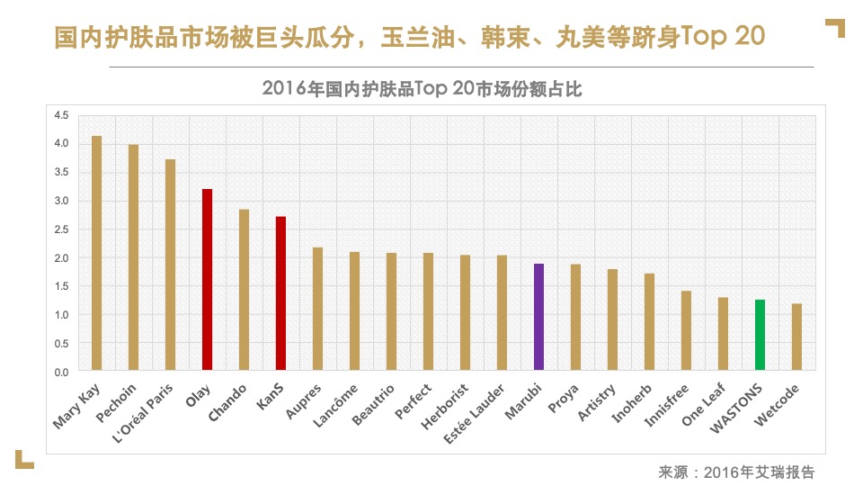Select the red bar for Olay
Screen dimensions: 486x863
point(207,280)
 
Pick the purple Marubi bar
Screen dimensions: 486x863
point(538,317)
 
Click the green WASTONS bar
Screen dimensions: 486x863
point(760,335)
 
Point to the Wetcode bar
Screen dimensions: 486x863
point(796,337)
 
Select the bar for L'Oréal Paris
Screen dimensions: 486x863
point(170,265)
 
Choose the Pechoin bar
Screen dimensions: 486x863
point(133,257)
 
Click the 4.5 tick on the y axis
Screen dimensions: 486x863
point(61,115)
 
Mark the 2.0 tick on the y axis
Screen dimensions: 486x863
point(61,257)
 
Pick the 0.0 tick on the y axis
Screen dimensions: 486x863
point(61,372)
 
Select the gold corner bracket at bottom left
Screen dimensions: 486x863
point(23,460)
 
